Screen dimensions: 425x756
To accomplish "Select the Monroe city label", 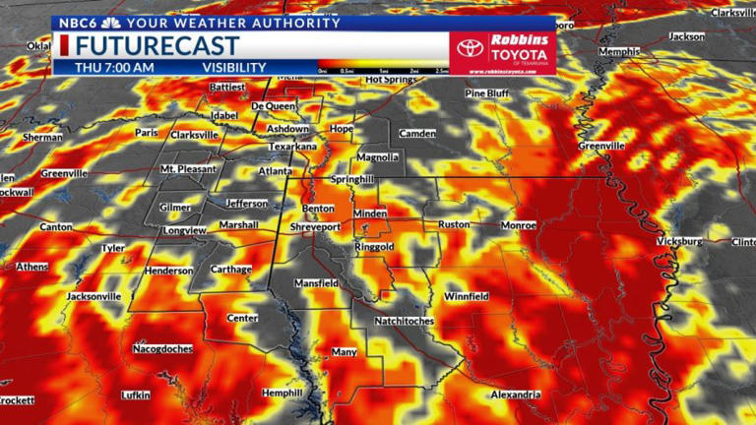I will [x=518, y=225].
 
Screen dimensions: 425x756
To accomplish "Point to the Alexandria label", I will [x=516, y=395].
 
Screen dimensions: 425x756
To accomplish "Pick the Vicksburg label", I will [x=679, y=241].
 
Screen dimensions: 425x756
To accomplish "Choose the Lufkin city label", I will [x=135, y=395].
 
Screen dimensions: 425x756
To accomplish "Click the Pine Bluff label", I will [x=489, y=93].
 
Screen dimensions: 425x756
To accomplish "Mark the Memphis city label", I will [x=619, y=51].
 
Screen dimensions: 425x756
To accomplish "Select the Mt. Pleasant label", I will [x=188, y=169].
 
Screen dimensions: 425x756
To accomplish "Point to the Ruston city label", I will [x=454, y=224].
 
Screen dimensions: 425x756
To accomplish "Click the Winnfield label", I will [x=467, y=296].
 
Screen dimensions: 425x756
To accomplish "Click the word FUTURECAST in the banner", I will [x=157, y=45].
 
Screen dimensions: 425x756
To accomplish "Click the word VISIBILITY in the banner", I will [x=234, y=67].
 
